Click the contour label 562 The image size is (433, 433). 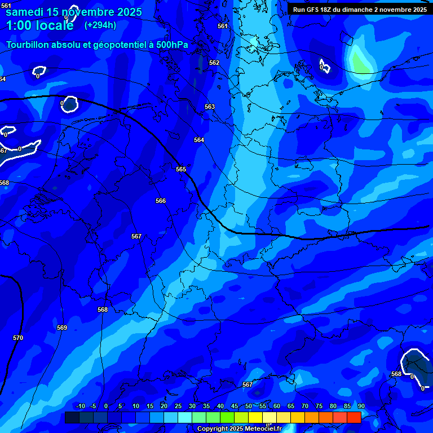click(x=214, y=63)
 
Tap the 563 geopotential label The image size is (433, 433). click(x=210, y=107)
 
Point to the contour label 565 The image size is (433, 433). click(x=181, y=169)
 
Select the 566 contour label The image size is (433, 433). click(x=161, y=201)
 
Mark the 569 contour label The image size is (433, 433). click(x=62, y=328)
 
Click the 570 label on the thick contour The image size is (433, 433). click(x=18, y=338)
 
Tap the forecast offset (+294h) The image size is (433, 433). click(x=100, y=25)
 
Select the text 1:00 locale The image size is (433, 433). click(x=39, y=25)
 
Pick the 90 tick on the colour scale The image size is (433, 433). click(x=361, y=407)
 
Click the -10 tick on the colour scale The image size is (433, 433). click(x=80, y=407)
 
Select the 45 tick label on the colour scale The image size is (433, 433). click(x=235, y=407)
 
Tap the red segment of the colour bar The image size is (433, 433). click(x=354, y=417)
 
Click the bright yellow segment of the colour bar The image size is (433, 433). click(x=255, y=417)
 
